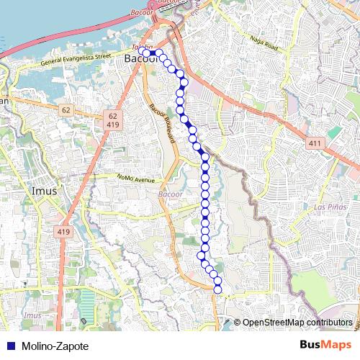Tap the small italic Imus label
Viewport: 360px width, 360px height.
pyautogui.click(x=32, y=316)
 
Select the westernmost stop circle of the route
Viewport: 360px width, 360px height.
pyautogui.click(x=146, y=53)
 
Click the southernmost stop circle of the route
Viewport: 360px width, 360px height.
pyautogui.click(x=217, y=289)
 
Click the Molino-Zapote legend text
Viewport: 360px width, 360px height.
pyautogui.click(x=55, y=346)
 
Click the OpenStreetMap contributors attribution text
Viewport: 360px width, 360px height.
pyautogui.click(x=297, y=322)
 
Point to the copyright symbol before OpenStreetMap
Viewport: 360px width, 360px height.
pyautogui.click(x=238, y=322)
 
